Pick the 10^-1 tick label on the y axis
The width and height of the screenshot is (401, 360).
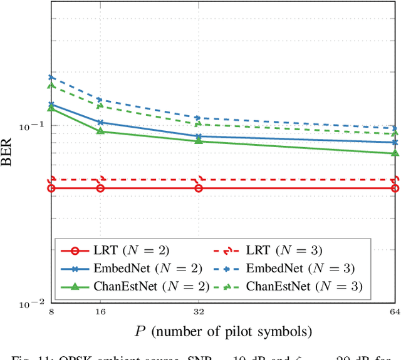click(32, 127)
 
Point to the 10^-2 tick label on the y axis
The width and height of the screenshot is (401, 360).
click(32, 304)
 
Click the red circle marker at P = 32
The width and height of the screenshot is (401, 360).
click(199, 188)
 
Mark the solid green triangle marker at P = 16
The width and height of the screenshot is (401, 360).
click(100, 131)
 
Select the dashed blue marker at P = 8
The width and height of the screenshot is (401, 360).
click(51, 78)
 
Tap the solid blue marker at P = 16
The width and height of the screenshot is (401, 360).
click(100, 122)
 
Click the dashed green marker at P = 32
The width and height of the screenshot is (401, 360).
click(199, 124)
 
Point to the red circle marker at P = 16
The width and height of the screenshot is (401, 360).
click(100, 188)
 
